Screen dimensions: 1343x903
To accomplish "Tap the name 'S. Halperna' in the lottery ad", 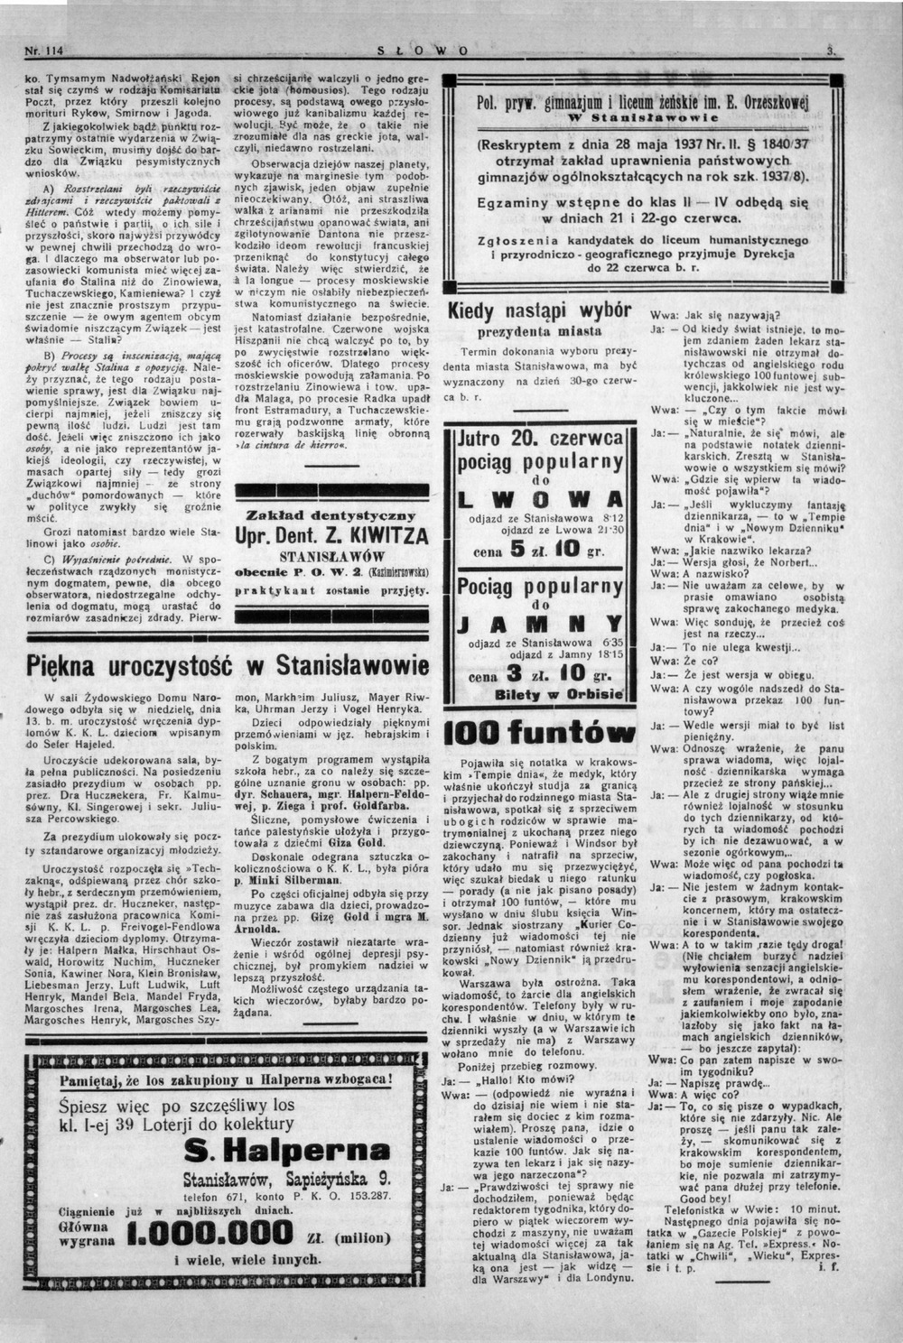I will click(286, 1150).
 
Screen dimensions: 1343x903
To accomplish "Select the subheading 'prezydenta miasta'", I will click(539, 331).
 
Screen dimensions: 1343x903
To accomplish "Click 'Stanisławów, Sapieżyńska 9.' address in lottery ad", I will click(286, 1178).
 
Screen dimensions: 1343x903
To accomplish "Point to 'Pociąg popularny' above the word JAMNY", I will click(540, 588).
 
